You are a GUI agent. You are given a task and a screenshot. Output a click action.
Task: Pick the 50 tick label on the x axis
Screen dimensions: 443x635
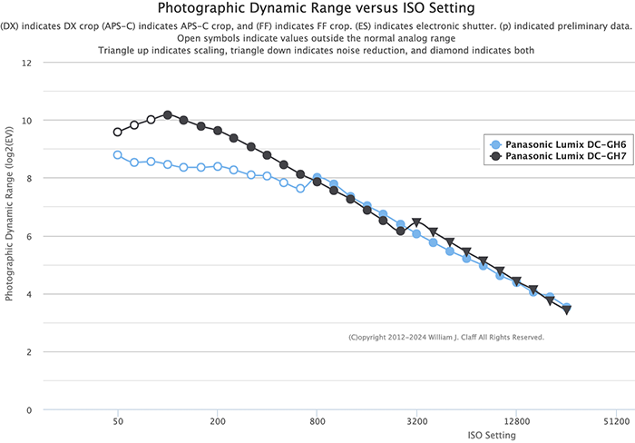pos(118,422)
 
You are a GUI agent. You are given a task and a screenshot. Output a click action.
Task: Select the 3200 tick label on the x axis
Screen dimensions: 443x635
pos(417,422)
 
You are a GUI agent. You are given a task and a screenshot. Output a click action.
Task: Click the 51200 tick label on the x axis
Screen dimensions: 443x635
pos(616,422)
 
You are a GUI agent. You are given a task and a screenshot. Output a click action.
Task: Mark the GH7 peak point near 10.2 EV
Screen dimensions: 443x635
pos(168,115)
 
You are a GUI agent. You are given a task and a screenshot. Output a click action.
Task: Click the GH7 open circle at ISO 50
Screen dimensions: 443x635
pos(118,132)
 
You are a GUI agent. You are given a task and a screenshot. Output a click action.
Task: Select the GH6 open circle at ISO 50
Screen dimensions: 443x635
pos(118,155)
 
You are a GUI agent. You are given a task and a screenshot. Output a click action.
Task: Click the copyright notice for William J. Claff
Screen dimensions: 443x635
pos(446,337)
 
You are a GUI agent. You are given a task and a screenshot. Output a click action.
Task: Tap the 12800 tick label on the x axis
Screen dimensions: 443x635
pos(517,422)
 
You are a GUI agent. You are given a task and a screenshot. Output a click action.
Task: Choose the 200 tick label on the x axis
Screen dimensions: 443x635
pos(218,422)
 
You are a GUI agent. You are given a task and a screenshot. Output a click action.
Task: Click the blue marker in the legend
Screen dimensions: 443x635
pos(495,144)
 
